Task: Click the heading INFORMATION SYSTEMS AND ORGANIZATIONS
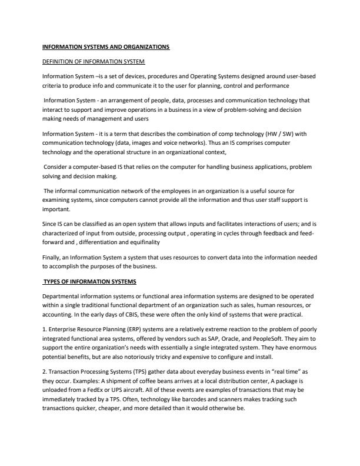(106, 46)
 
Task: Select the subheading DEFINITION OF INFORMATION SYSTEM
(93, 62)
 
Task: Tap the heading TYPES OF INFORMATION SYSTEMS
(89, 281)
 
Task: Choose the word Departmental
(61, 297)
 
